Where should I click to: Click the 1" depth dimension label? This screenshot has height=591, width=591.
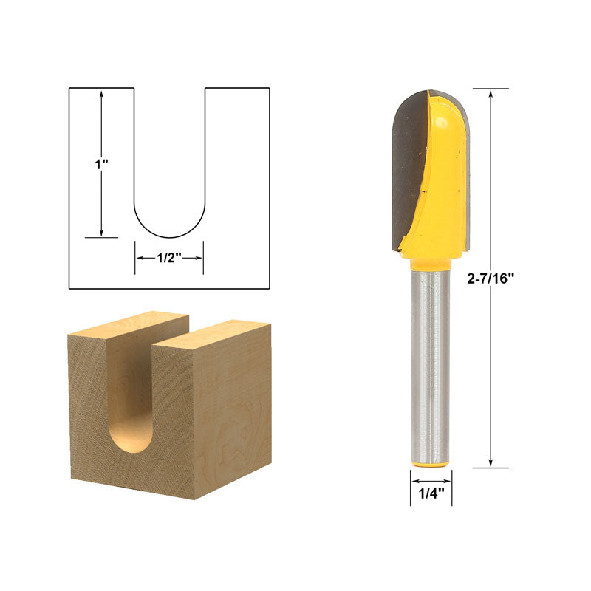[x=101, y=164]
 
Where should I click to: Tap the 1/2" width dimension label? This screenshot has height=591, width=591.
[x=169, y=258]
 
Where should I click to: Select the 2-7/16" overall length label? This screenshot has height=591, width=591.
[x=491, y=279]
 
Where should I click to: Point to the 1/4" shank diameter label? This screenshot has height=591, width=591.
[x=431, y=493]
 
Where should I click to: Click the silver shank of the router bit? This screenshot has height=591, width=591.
[x=430, y=366]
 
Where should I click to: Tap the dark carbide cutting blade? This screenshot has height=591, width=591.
[x=409, y=170]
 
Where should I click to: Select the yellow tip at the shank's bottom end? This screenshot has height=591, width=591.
[x=430, y=464]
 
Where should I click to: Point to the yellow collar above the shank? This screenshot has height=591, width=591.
[x=430, y=264]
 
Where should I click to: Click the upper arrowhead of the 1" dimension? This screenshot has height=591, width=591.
[x=101, y=94]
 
